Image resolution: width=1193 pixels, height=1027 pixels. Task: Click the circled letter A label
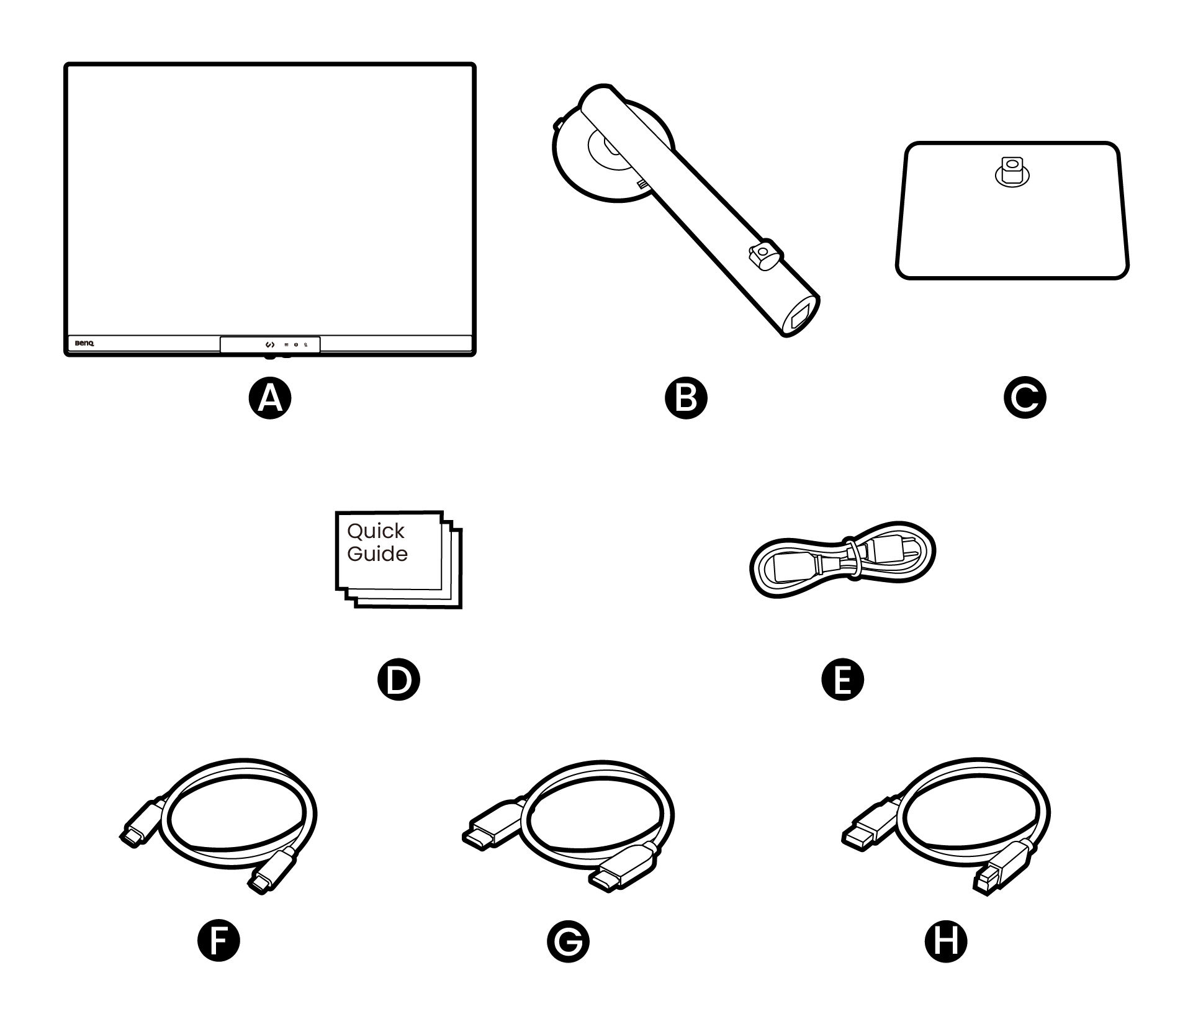[x=270, y=398]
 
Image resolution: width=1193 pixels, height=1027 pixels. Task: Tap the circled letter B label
[x=685, y=398]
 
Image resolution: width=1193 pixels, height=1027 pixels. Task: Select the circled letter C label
[x=1024, y=398]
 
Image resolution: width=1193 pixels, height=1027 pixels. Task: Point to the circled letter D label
[x=398, y=679]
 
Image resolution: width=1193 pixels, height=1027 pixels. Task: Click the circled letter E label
[x=842, y=679]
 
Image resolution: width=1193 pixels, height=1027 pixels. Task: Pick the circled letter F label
[x=218, y=941]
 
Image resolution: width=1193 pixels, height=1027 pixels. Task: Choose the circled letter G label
[x=568, y=941]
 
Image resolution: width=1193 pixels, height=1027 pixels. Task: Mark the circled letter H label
[x=946, y=941]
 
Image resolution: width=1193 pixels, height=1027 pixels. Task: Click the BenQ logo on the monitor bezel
[x=84, y=344]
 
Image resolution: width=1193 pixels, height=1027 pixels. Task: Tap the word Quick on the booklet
[x=376, y=531]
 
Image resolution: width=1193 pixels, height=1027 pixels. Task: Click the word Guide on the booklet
[x=377, y=554]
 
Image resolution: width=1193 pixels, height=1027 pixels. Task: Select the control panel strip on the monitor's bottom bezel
[x=270, y=344]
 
